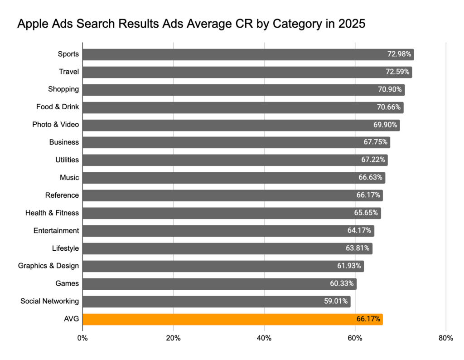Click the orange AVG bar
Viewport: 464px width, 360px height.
coord(232,319)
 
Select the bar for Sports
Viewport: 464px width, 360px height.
coord(248,54)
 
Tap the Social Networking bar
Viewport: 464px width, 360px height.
coord(216,302)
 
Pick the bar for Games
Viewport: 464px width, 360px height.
coord(219,284)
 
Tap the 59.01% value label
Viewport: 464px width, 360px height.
coord(336,302)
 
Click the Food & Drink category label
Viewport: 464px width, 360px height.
coord(58,107)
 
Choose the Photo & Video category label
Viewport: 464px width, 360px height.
coord(55,125)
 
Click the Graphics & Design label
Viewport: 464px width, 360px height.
coord(48,266)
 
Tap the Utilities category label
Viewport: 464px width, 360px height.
coord(67,160)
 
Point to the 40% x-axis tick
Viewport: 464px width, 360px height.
coord(264,338)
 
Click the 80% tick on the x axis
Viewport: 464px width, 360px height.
coord(446,338)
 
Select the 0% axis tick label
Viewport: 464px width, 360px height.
coord(82,338)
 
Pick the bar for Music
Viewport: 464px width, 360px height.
coord(234,178)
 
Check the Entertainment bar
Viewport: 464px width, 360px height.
coord(228,231)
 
